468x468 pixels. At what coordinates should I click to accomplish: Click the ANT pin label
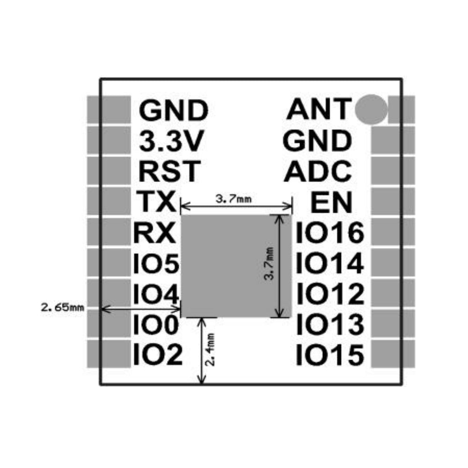318,110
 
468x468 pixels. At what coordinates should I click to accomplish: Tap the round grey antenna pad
371,110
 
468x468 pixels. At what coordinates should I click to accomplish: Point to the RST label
170,171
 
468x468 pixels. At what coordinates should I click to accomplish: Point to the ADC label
318,171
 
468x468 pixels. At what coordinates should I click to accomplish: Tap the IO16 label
330,233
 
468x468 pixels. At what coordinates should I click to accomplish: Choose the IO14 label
330,264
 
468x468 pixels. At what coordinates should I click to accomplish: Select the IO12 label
330,294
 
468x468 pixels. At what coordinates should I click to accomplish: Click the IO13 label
330,324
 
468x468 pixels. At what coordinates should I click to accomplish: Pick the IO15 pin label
330,355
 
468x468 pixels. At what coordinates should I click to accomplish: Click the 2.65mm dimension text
62,307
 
